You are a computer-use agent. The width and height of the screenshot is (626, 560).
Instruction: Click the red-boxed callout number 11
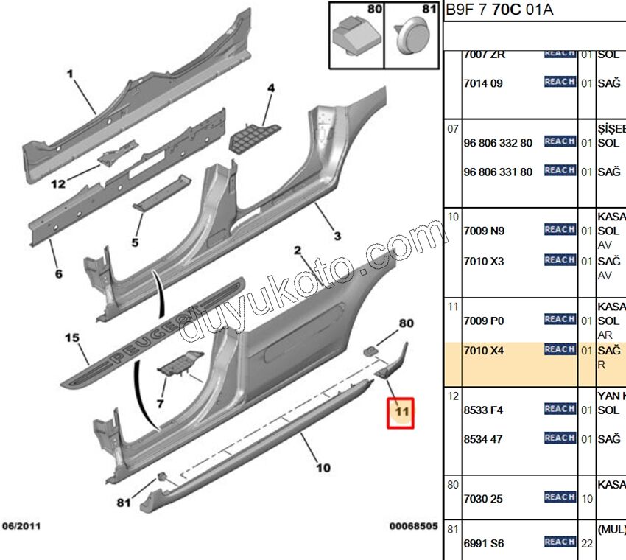coord(401,413)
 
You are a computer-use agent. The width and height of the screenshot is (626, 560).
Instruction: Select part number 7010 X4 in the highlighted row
coord(483,350)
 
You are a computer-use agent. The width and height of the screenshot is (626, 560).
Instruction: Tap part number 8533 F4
coord(483,410)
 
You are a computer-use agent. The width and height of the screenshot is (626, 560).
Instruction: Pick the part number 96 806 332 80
coord(498,142)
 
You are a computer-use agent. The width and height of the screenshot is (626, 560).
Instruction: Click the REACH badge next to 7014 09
coord(560,83)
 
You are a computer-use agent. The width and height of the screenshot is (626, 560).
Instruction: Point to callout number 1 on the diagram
coord(71,74)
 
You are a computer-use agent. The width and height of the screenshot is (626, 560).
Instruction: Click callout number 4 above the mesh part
coord(270,88)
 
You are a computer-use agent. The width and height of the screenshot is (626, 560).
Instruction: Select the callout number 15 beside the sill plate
coord(71,338)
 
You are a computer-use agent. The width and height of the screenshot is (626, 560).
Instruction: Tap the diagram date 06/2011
coord(21,527)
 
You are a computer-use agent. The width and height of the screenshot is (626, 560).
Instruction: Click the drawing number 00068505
coord(413,527)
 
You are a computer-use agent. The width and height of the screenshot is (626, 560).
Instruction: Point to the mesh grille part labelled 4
coord(255,135)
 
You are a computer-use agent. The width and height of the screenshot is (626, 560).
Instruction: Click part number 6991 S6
coord(483,543)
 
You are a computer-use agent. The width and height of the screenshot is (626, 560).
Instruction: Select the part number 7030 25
coord(483,499)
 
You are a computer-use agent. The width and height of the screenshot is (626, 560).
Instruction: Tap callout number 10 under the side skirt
coord(323,467)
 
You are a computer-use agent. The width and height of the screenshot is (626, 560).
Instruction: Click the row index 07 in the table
coord(452,129)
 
